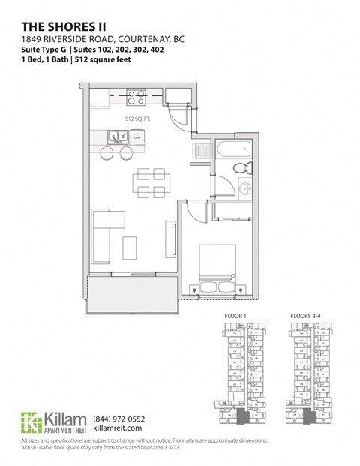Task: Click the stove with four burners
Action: [x=136, y=97]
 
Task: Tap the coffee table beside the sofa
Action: [x=130, y=246]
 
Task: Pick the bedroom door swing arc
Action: [x=193, y=214]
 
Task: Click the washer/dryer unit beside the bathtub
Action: [x=199, y=152]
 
